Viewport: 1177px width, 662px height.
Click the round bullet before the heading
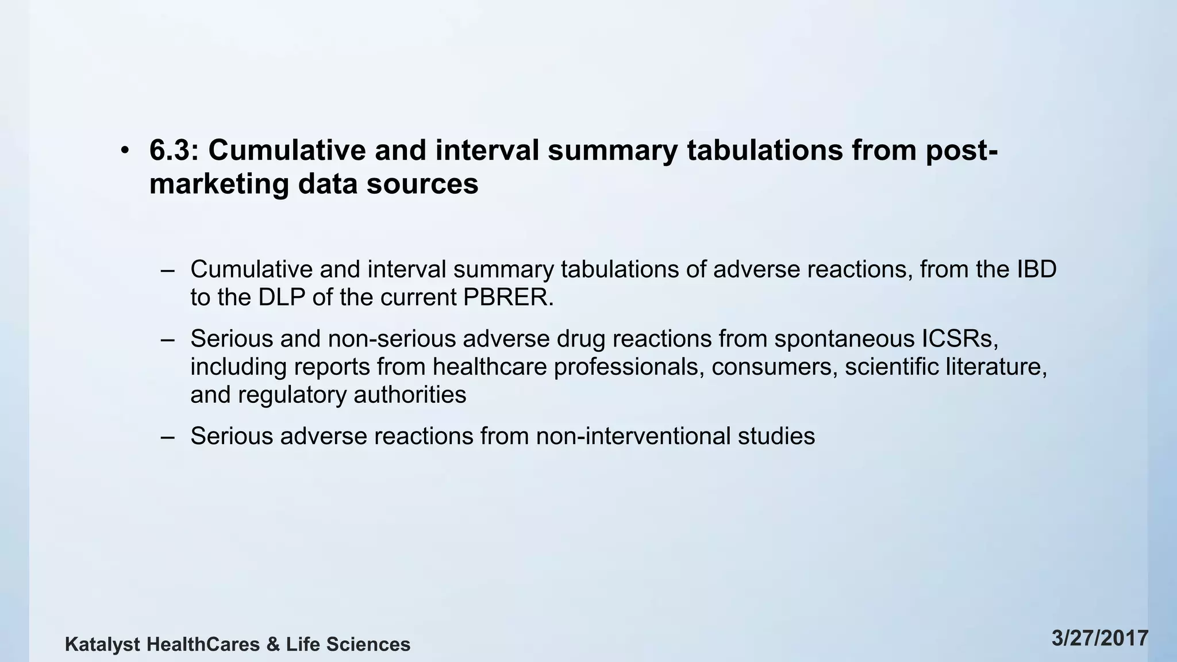pos(125,151)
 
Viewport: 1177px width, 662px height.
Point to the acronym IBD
pos(1037,270)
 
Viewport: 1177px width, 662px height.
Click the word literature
pos(996,367)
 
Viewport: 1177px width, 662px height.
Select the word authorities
pos(410,395)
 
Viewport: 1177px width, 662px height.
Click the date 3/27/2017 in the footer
pos(1100,639)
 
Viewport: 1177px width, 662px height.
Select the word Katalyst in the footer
pos(102,645)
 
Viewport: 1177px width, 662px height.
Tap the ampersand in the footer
pos(273,645)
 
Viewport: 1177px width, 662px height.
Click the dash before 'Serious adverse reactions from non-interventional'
pos(168,436)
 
